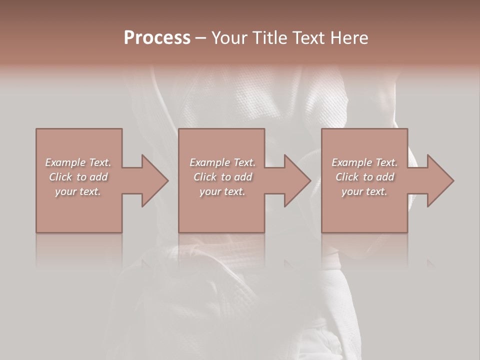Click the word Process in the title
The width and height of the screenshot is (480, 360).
[x=157, y=38]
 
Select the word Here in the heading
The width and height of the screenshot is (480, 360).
[x=349, y=38]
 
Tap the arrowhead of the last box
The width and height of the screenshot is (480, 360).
[x=439, y=180]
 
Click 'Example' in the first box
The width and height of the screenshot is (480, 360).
[x=65, y=162]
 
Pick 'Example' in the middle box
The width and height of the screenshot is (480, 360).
[x=209, y=162]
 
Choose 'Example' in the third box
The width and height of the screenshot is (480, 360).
[x=351, y=162]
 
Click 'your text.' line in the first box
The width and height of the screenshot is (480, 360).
[x=78, y=191]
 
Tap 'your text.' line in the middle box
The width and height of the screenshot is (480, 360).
[x=222, y=191]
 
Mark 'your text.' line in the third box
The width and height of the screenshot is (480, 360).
[x=364, y=191]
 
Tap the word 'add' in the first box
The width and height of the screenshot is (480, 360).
[x=98, y=177]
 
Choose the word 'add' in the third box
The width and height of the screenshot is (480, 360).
[x=385, y=177]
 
